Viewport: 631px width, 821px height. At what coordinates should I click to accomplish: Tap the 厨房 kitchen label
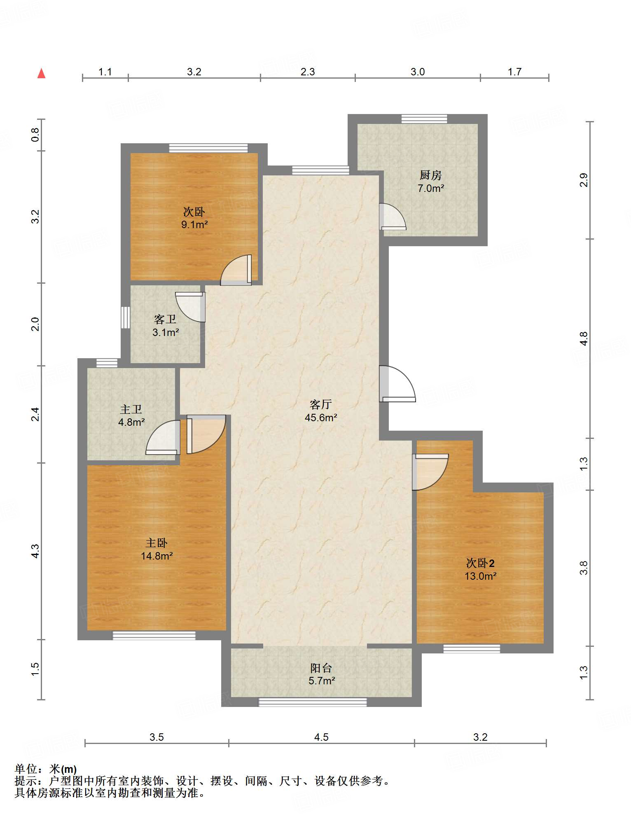[430, 175]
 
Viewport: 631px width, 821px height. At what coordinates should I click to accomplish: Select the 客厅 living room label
[320, 404]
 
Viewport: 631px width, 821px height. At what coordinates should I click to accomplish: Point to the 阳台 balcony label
[321, 668]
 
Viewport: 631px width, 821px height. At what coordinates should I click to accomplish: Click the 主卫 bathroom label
[131, 409]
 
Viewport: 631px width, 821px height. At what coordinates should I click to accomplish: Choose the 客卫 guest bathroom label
[165, 319]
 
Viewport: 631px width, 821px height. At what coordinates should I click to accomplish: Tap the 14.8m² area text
[157, 556]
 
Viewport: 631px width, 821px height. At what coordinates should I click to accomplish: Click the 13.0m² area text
[480, 576]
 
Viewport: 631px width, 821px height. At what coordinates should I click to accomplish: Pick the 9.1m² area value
[194, 224]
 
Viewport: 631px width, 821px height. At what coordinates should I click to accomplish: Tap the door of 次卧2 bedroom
[430, 472]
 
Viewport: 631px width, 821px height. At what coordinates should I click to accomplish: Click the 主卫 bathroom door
[163, 438]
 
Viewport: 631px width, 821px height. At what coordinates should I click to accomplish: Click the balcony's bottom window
[313, 702]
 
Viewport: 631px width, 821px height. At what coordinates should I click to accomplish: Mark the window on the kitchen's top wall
[424, 119]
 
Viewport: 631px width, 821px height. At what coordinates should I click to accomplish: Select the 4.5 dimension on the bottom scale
[321, 737]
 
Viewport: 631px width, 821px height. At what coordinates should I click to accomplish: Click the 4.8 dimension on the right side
[584, 338]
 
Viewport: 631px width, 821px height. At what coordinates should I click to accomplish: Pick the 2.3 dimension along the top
[308, 72]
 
